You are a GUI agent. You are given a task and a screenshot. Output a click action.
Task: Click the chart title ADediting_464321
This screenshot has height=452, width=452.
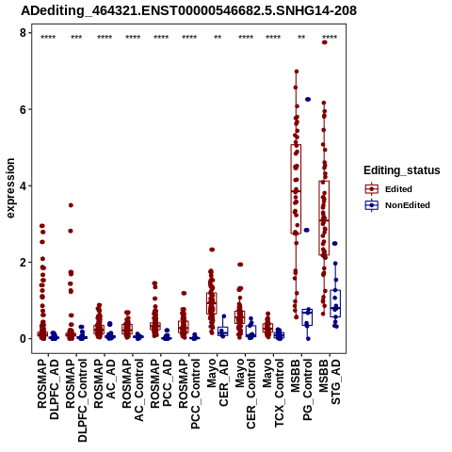point(189,11)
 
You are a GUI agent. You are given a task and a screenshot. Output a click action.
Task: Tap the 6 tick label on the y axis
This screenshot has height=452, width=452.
point(23,109)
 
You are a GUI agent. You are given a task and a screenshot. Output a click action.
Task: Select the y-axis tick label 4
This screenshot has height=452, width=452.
point(23,186)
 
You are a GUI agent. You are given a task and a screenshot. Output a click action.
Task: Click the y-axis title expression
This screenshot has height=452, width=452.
point(10,188)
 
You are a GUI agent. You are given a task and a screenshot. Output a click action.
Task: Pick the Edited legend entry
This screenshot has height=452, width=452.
point(388,189)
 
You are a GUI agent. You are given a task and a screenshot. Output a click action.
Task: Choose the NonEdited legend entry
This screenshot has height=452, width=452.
point(397,205)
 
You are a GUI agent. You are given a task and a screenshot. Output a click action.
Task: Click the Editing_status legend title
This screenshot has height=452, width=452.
point(402,170)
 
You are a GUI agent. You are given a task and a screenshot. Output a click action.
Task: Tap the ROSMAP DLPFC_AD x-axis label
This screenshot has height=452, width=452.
point(48,389)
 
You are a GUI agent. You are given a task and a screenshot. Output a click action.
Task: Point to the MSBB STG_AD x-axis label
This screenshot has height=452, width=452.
point(330,381)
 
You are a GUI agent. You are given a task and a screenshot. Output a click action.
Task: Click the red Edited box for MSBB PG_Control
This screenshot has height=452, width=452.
point(296,189)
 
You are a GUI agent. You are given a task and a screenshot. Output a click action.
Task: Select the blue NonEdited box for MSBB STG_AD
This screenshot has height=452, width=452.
point(335,303)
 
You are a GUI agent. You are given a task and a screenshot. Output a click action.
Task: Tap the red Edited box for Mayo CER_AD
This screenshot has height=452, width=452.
point(212,303)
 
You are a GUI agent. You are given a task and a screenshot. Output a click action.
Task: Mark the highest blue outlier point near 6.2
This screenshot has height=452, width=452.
point(308,100)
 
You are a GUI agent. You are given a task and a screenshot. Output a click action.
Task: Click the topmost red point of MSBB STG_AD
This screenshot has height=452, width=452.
point(325,42)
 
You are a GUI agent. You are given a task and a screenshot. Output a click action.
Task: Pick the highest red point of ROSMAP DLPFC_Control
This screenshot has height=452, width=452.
point(71,205)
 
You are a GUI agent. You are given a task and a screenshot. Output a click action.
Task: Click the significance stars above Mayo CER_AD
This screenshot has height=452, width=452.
point(218,38)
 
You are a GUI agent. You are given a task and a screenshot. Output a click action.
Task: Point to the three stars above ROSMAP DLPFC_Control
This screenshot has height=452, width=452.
point(76,38)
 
